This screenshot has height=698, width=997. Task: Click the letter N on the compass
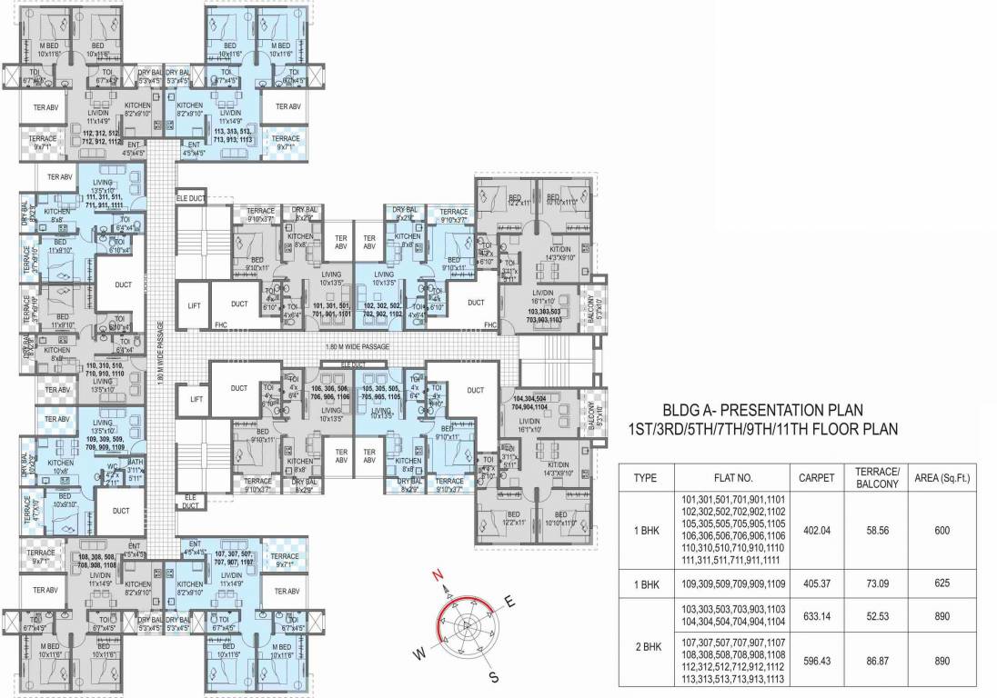point(437,575)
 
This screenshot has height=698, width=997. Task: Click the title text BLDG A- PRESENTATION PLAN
point(762,411)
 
